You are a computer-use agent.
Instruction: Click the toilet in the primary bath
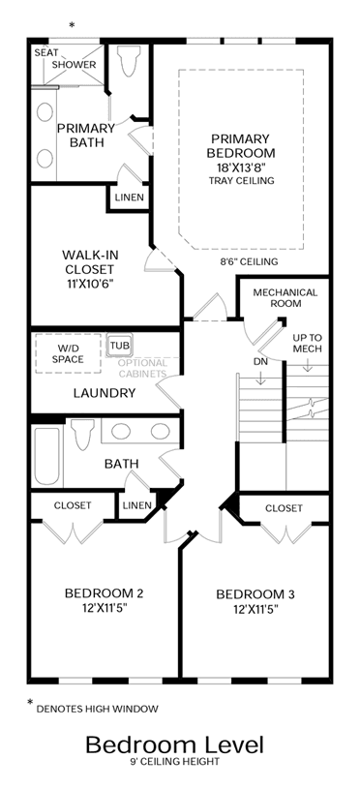click(x=129, y=60)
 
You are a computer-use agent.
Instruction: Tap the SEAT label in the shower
click(x=45, y=53)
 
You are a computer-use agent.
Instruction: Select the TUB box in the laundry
click(x=120, y=346)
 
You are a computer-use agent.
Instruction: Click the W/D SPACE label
click(x=68, y=353)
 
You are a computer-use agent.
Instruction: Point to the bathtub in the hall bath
click(x=46, y=455)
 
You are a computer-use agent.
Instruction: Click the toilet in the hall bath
click(x=83, y=434)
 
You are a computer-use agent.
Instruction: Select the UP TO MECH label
click(x=308, y=343)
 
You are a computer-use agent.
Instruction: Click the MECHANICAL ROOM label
click(x=285, y=298)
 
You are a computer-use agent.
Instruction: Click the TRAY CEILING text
click(x=241, y=181)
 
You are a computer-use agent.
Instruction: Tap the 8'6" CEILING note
click(x=249, y=261)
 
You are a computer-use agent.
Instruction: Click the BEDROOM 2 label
click(x=105, y=593)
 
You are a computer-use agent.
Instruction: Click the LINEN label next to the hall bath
click(x=136, y=504)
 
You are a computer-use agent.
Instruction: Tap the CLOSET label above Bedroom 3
click(x=285, y=508)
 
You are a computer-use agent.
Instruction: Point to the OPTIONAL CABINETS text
click(x=142, y=368)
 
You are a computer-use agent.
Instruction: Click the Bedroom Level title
click(x=174, y=744)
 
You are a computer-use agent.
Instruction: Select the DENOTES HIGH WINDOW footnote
click(x=97, y=709)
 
